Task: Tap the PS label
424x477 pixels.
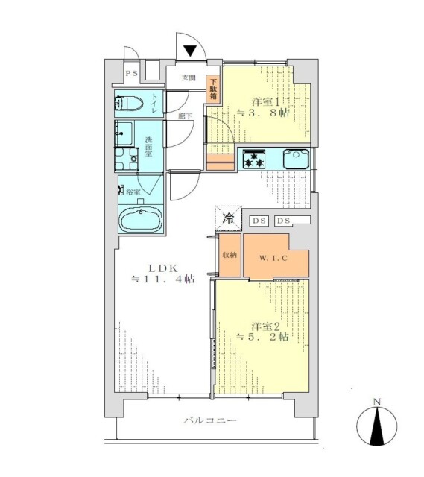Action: tap(131, 73)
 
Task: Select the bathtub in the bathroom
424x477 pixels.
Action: tap(141, 221)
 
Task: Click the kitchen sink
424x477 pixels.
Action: tap(297, 159)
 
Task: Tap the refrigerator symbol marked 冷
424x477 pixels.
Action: tap(228, 219)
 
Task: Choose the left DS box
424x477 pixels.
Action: tap(259, 221)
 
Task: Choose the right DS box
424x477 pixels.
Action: tap(284, 221)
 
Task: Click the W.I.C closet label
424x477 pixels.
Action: tap(272, 258)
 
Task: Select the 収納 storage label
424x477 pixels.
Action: tap(229, 255)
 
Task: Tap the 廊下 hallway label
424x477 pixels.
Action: tap(184, 116)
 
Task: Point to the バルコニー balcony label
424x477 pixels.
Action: tap(210, 422)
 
